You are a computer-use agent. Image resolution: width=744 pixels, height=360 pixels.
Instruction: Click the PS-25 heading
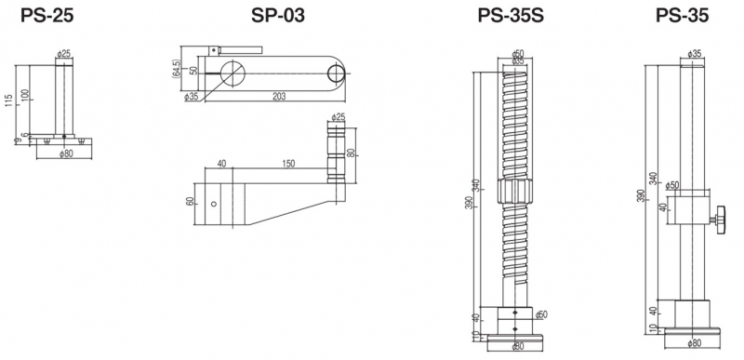pos(47,16)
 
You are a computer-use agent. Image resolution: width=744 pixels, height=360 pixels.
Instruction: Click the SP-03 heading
pos(278,16)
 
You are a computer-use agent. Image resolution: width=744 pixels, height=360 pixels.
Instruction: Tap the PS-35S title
pos(511,16)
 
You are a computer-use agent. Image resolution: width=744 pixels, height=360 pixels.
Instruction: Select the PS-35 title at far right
pos(682,16)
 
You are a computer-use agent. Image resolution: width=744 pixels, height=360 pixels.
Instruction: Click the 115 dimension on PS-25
pos(9,100)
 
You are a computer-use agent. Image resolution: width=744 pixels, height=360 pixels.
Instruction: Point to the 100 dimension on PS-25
pos(25,95)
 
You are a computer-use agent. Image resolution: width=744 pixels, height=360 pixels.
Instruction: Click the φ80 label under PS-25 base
pos(66,153)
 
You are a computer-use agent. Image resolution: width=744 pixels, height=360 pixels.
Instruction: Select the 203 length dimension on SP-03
pos(279,97)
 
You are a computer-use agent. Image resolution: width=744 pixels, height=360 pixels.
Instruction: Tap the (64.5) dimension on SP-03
pos(177,68)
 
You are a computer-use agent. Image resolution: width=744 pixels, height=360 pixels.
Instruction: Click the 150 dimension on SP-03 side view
pos(288,164)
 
